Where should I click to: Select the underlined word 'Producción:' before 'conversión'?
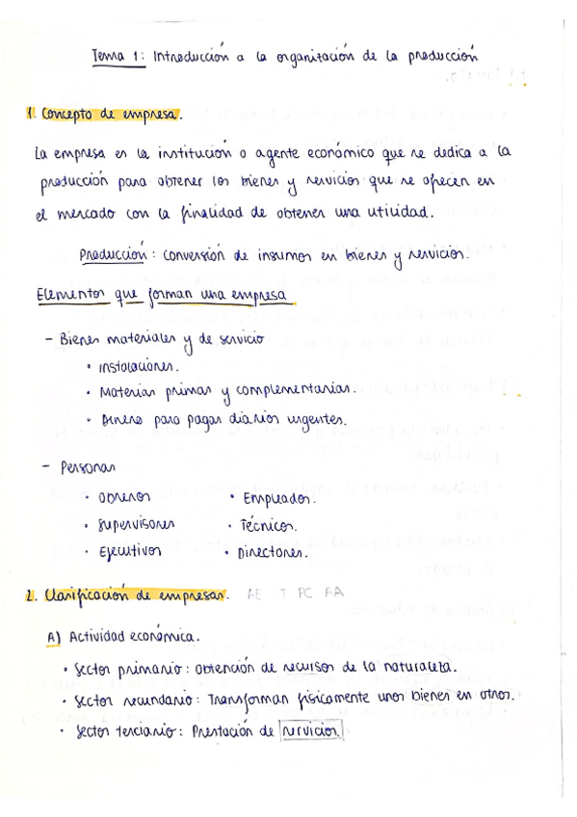(112, 256)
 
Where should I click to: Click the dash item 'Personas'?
(87, 467)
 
